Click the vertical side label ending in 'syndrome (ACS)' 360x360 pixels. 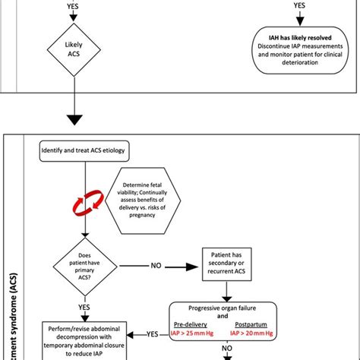pyautogui.click(x=15, y=304)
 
